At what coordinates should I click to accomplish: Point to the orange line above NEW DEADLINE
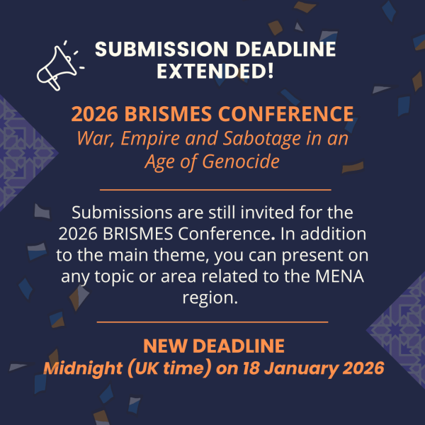(212, 322)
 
